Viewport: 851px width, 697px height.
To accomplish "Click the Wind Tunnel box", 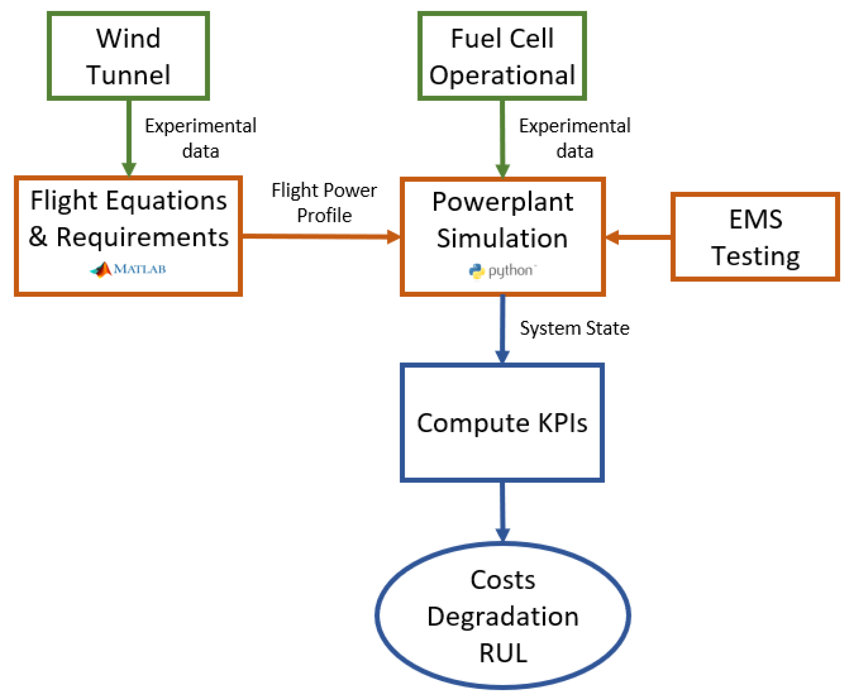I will click(128, 56).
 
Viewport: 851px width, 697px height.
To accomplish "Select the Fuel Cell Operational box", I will click(502, 56).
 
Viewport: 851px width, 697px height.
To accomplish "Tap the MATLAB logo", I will click(128, 269).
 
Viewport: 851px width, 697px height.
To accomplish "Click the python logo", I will click(502, 271).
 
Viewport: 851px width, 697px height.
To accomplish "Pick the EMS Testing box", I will click(755, 237).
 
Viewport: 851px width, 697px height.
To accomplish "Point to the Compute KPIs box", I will click(502, 423).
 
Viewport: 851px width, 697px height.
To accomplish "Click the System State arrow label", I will click(574, 328).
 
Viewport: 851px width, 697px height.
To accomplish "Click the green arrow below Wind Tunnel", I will click(129, 137).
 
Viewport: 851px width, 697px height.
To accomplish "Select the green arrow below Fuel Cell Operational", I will click(502, 137).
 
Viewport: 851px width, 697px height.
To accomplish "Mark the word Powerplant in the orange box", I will click(502, 202).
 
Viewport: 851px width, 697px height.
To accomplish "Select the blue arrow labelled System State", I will click(502, 329).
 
